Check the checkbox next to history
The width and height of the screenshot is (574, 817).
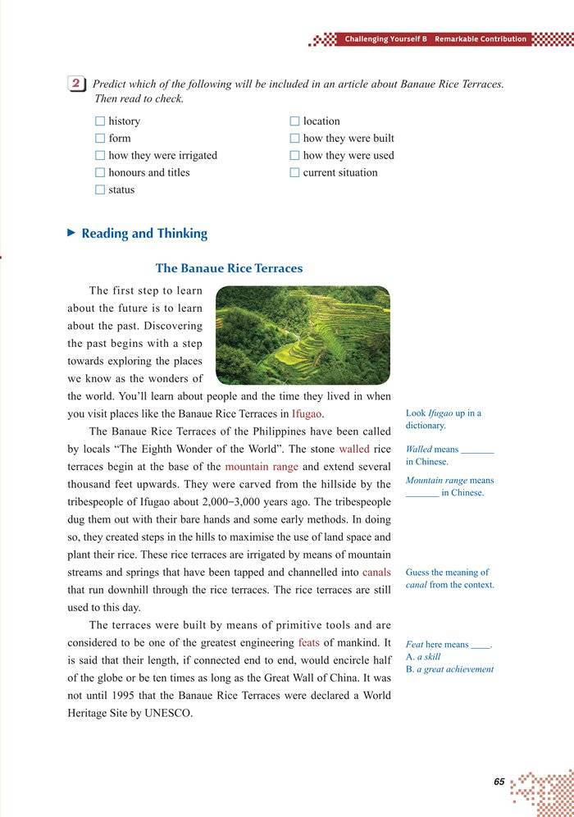(x=100, y=121)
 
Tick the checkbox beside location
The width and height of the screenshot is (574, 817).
(x=295, y=121)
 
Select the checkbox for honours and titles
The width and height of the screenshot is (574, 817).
(x=100, y=173)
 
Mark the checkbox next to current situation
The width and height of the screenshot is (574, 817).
(x=295, y=173)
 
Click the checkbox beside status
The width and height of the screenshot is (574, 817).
(x=100, y=190)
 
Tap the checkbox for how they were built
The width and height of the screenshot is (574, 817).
(x=295, y=139)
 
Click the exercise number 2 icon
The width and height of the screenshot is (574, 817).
(x=75, y=84)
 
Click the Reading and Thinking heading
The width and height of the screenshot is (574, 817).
(x=144, y=234)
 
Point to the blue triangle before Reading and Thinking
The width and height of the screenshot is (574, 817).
(x=71, y=233)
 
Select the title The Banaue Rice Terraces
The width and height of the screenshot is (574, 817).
(x=229, y=268)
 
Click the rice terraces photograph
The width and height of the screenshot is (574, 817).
(x=303, y=335)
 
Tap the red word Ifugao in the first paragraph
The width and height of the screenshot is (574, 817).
(x=307, y=414)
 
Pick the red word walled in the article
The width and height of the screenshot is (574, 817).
(x=354, y=450)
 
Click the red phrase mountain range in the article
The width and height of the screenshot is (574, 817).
(x=262, y=467)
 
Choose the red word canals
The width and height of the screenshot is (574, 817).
(x=376, y=572)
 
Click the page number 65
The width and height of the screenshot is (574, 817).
(x=499, y=782)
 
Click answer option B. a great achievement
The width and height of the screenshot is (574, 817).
(x=449, y=669)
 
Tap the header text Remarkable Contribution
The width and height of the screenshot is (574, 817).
(x=481, y=39)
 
